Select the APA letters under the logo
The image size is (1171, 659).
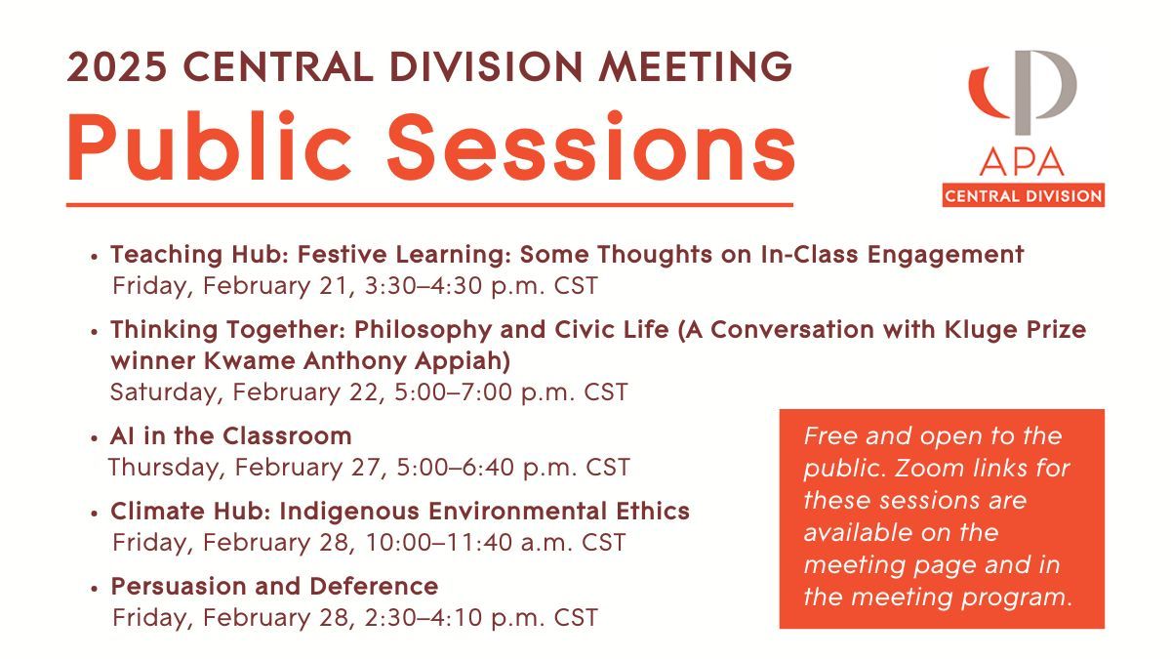click(x=1023, y=162)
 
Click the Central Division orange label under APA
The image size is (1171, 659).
click(x=1023, y=196)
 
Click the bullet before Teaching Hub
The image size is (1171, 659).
click(x=95, y=257)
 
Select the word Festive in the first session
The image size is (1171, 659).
click(x=344, y=255)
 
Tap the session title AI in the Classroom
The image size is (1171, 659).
click(x=230, y=434)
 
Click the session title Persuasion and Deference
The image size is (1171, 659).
click(x=274, y=586)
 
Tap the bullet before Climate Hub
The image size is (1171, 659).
click(x=95, y=513)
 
